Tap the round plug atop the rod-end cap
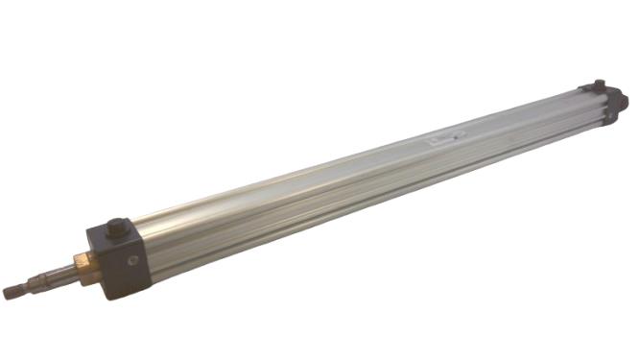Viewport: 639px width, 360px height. [117, 228]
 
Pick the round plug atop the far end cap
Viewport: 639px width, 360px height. [599, 84]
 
